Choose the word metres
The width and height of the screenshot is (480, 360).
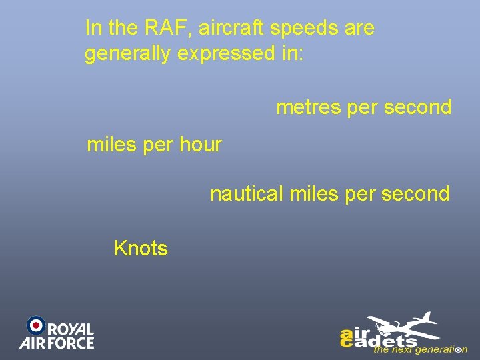[309, 107]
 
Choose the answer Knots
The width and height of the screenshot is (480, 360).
[141, 249]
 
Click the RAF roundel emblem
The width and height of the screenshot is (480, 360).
[36, 325]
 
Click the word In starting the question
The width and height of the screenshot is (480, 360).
[93, 28]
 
